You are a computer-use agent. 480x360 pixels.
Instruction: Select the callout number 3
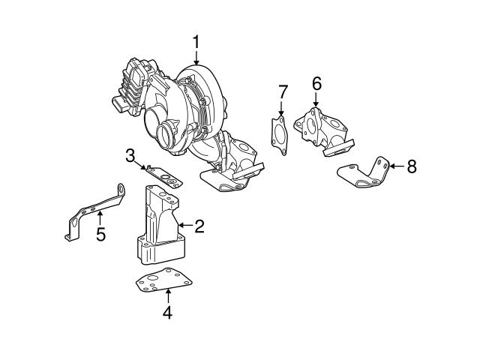point(130,156)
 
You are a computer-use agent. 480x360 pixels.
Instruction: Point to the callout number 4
point(168,313)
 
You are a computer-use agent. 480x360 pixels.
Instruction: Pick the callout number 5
point(100,235)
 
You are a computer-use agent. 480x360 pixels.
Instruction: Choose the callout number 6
point(316,85)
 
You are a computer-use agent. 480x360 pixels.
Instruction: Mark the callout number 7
point(283,92)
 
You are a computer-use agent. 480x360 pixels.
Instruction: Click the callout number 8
point(411,166)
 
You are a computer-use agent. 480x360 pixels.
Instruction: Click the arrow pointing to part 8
point(397,166)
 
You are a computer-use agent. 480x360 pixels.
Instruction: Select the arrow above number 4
point(168,295)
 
